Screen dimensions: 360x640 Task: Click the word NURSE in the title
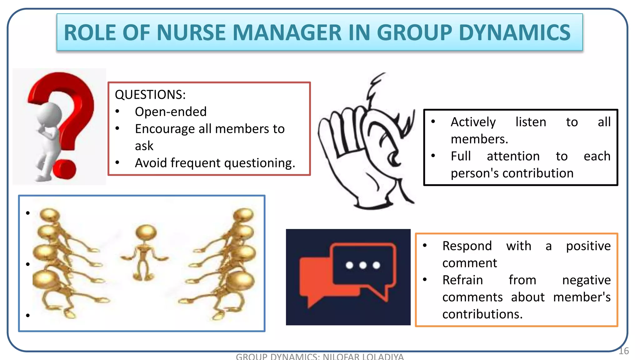tap(191, 32)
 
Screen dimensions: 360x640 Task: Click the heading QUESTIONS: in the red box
tap(150, 95)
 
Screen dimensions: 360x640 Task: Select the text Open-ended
tap(171, 112)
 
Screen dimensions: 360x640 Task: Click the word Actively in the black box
tap(473, 122)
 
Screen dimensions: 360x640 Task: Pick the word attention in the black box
tap(513, 156)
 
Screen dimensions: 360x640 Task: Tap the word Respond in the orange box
tap(467, 246)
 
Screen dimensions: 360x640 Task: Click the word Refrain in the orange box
tap(462, 280)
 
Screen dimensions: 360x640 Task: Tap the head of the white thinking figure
tap(49, 114)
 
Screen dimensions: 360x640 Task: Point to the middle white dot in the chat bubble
tap(363, 265)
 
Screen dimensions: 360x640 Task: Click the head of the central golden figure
tap(146, 232)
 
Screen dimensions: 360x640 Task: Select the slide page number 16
tap(623, 351)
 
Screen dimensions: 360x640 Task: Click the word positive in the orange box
tap(588, 246)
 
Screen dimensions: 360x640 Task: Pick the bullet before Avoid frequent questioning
tap(117, 162)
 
